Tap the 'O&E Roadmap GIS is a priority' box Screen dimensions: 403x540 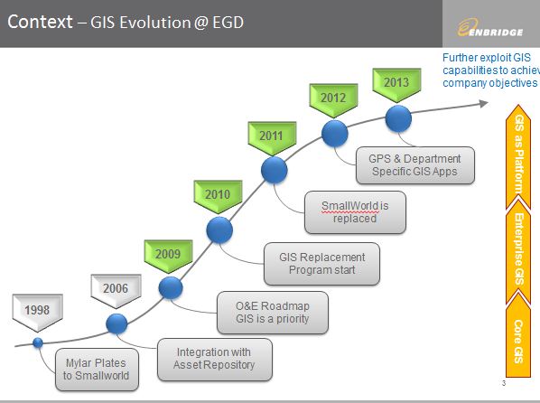(x=273, y=312)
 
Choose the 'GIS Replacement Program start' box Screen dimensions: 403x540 (x=321, y=263)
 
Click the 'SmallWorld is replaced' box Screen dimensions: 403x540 (x=355, y=211)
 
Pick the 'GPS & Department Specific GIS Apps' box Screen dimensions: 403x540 (x=414, y=164)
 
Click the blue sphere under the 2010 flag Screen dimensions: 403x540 (x=219, y=230)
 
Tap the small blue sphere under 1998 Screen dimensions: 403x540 (x=38, y=342)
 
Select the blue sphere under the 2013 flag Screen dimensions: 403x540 (x=399, y=117)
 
